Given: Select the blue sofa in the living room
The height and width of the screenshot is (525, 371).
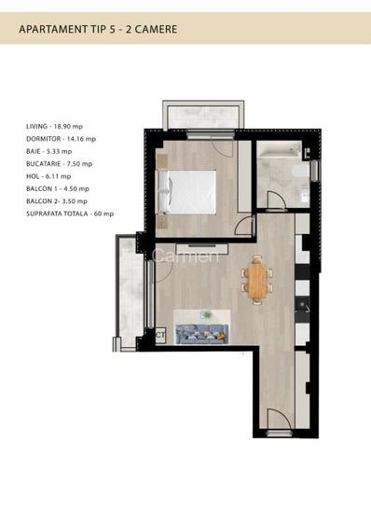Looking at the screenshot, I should coord(200,334).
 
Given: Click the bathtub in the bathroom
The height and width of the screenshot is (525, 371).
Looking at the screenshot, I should coord(277,152).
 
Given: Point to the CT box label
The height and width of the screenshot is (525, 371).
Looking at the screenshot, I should coord(160,335).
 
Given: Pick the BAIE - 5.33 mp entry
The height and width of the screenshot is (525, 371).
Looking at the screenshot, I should coord(50,151).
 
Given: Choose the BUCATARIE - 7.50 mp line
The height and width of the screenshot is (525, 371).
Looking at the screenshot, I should coord(60,163).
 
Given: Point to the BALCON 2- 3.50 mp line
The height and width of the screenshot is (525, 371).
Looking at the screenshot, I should coord(57,200).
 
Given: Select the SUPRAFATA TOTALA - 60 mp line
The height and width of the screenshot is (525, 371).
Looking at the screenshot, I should coord(70,214).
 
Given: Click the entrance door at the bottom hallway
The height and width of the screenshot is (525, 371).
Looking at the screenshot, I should coord(277,421).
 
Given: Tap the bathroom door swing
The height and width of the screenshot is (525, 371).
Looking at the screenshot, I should coord(277,199).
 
